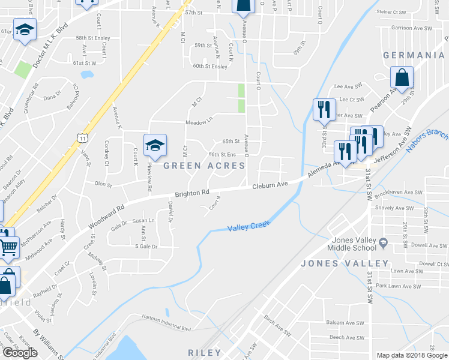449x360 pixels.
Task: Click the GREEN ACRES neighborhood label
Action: tap(205, 166)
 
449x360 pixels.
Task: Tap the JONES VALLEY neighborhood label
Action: tap(345, 263)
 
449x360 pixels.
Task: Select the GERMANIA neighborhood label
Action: tap(414, 55)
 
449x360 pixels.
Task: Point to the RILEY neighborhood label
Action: tap(205, 353)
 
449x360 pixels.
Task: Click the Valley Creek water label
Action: tap(249, 226)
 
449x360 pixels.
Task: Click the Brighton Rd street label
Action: tap(192, 193)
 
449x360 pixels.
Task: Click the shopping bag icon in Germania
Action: tap(402, 77)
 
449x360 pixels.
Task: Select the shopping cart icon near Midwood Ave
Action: tap(8, 246)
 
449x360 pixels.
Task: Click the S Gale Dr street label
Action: tap(146, 247)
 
